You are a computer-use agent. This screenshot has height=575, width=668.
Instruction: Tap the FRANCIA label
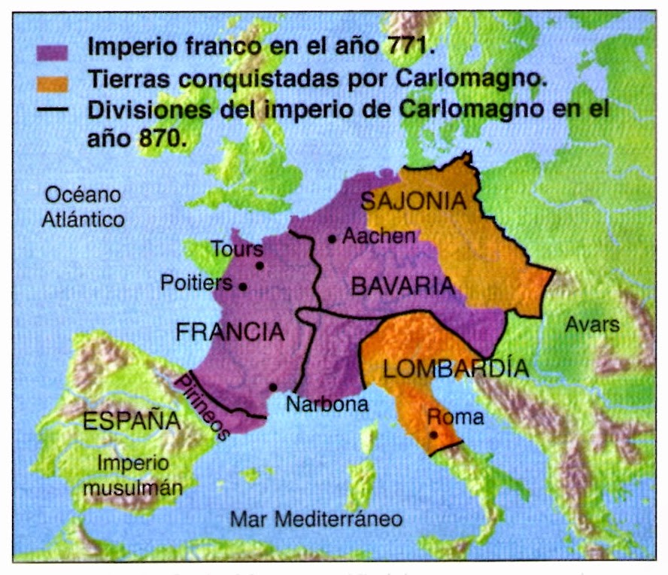230,332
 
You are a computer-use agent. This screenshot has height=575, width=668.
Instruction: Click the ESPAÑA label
132,421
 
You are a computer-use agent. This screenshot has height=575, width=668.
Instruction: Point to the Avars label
593,325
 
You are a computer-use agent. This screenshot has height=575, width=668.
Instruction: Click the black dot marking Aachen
332,239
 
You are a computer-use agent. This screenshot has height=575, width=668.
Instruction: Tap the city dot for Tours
260,265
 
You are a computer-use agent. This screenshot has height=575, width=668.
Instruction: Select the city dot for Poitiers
243,286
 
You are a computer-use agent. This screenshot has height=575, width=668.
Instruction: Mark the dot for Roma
434,434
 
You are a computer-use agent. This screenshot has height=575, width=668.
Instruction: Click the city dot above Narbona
272,387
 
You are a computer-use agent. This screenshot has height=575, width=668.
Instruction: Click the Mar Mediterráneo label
316,519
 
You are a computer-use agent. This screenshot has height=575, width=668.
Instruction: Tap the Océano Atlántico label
83,207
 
